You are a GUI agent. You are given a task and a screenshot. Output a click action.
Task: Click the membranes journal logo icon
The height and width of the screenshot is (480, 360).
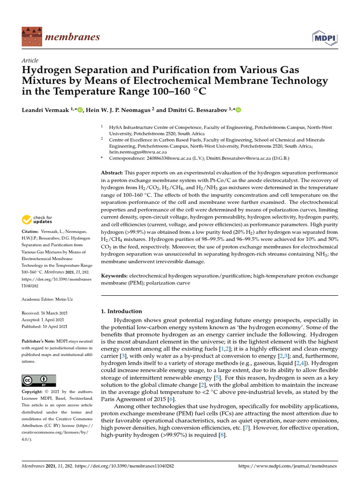pyautogui.click(x=31, y=36)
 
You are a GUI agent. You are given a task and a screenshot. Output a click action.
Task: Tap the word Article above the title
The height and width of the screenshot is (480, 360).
pyautogui.click(x=30, y=60)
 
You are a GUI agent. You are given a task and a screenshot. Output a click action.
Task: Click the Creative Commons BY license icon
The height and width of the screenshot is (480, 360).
pyautogui.click(x=39, y=380)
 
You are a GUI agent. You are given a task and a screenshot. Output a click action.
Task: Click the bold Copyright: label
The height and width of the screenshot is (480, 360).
pyautogui.click(x=33, y=391)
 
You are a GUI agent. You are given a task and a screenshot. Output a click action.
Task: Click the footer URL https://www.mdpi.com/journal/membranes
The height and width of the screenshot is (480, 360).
pyautogui.click(x=288, y=466)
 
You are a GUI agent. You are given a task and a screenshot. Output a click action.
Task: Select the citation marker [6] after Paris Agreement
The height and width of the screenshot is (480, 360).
pyautogui.click(x=172, y=399)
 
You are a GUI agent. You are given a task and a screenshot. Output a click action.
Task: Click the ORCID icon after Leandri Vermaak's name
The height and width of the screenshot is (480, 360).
pyautogui.click(x=80, y=110)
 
